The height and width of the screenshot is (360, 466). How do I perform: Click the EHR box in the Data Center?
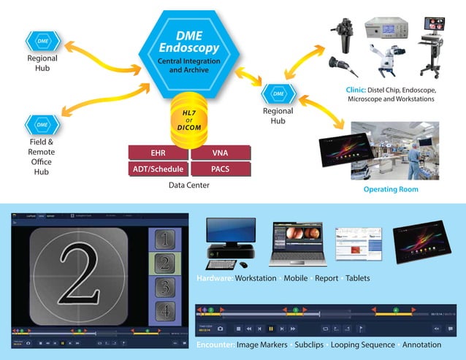(158, 153)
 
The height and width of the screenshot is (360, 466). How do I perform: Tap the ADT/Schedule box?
(158, 169)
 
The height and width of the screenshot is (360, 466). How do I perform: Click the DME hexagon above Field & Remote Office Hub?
(37, 125)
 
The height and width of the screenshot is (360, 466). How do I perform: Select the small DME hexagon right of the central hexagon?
(278, 93)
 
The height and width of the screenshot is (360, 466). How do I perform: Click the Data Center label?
(189, 185)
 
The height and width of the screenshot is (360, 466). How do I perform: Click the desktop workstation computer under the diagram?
(230, 240)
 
